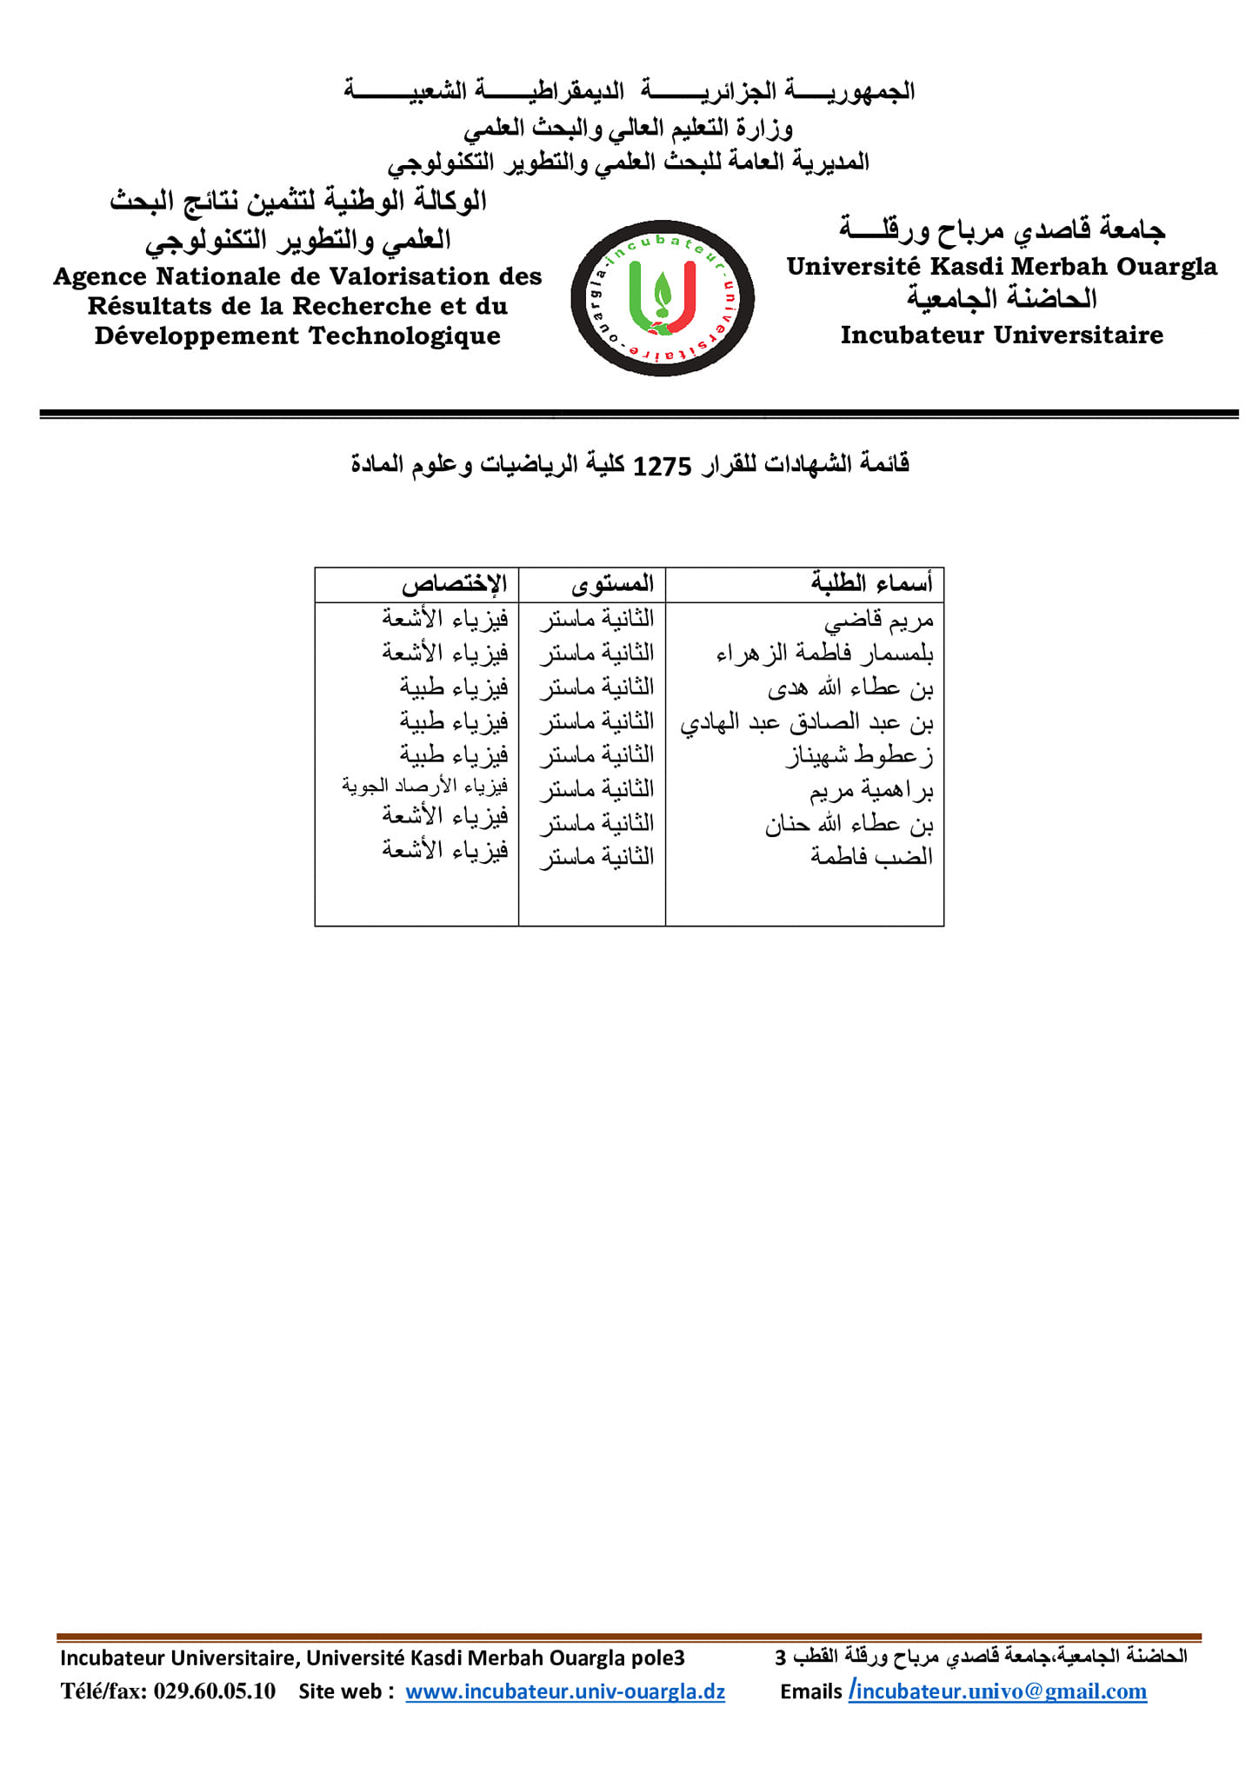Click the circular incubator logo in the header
[662, 298]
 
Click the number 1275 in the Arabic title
[662, 466]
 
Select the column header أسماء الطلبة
[871, 583]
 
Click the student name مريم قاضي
[878, 620]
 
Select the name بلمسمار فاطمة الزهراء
[824, 654]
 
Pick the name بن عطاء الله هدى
[849, 688]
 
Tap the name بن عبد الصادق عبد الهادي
[806, 722]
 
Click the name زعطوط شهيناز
[859, 756]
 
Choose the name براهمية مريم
[871, 790]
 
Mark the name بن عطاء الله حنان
[849, 824]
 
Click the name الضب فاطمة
[871, 857]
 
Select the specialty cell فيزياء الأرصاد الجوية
[425, 787]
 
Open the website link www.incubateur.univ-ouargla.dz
[565, 1691]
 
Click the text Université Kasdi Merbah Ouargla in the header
[1002, 266]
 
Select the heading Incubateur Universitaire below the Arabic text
[1002, 335]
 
